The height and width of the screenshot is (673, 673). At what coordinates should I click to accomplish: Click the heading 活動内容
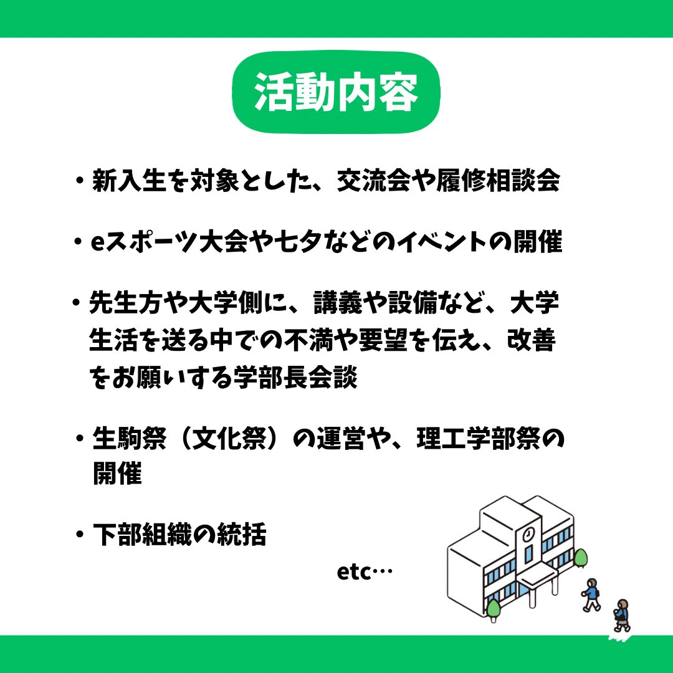coord(336,93)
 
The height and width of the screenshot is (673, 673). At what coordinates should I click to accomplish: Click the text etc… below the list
coord(365,571)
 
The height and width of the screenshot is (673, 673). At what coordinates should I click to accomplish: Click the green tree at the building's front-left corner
coord(494,608)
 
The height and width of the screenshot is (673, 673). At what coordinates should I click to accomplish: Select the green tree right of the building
coord(581,558)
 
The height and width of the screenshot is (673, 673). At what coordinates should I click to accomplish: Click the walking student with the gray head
coord(591,594)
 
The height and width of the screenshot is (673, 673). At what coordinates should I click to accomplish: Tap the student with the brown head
coord(621,614)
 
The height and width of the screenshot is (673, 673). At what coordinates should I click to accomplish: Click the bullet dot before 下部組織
coord(79,535)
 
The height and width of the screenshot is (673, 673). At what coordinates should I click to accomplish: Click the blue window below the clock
coord(528,555)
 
